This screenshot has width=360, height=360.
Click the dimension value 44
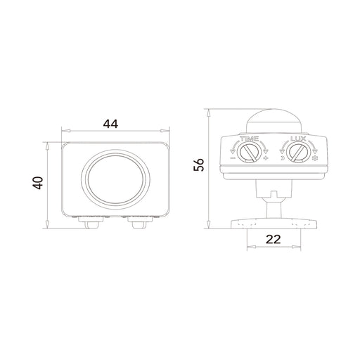110,124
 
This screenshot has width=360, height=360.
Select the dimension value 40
38,183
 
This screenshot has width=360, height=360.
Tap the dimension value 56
199,165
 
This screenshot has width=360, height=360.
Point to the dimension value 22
274,239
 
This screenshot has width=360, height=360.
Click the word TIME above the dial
250,139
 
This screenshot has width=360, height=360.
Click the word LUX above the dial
298,139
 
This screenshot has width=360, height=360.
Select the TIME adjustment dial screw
249,153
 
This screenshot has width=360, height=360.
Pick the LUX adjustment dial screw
298,153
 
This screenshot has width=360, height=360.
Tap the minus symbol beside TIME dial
233,158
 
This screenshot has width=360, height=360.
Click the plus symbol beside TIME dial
266,158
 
